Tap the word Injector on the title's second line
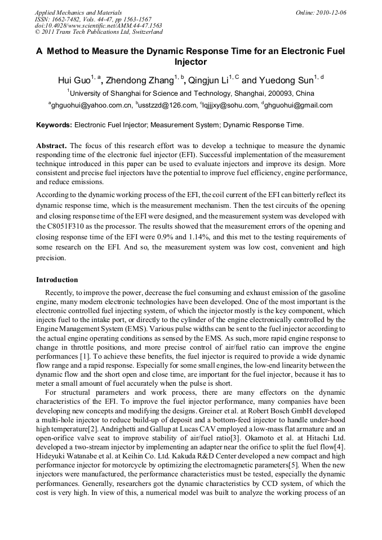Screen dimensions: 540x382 click(x=191, y=62)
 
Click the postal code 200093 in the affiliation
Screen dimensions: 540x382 click(x=283, y=93)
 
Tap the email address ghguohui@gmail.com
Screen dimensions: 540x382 click(x=299, y=105)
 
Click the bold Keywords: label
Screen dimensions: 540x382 click(x=54, y=125)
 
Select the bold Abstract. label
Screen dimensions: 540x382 click(x=52, y=145)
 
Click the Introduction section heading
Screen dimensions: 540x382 click(x=57, y=280)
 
